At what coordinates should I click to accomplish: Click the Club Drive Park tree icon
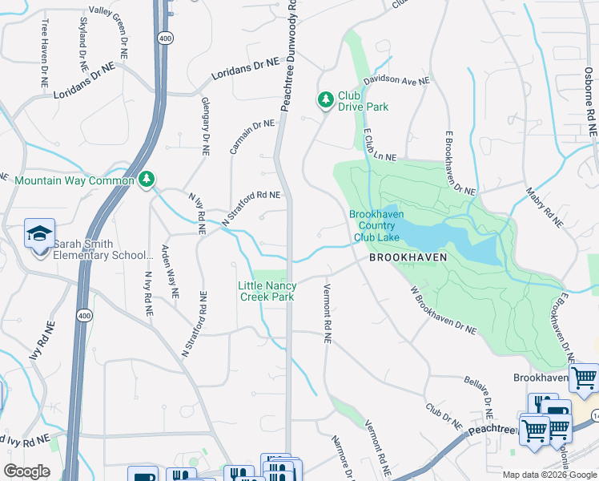325,100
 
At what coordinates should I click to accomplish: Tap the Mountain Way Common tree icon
147,180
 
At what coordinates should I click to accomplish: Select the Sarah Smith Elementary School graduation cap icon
39,234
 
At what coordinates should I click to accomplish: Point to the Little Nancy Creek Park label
267,291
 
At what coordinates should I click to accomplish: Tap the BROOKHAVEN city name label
407,258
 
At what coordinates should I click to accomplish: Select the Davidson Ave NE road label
396,81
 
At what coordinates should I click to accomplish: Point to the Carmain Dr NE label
251,136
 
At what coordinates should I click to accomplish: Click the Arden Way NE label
169,271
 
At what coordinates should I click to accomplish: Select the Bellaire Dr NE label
479,398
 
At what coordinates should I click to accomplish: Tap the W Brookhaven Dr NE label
443,311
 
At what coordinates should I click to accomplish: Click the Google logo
26,471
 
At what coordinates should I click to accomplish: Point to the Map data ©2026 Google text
549,475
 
